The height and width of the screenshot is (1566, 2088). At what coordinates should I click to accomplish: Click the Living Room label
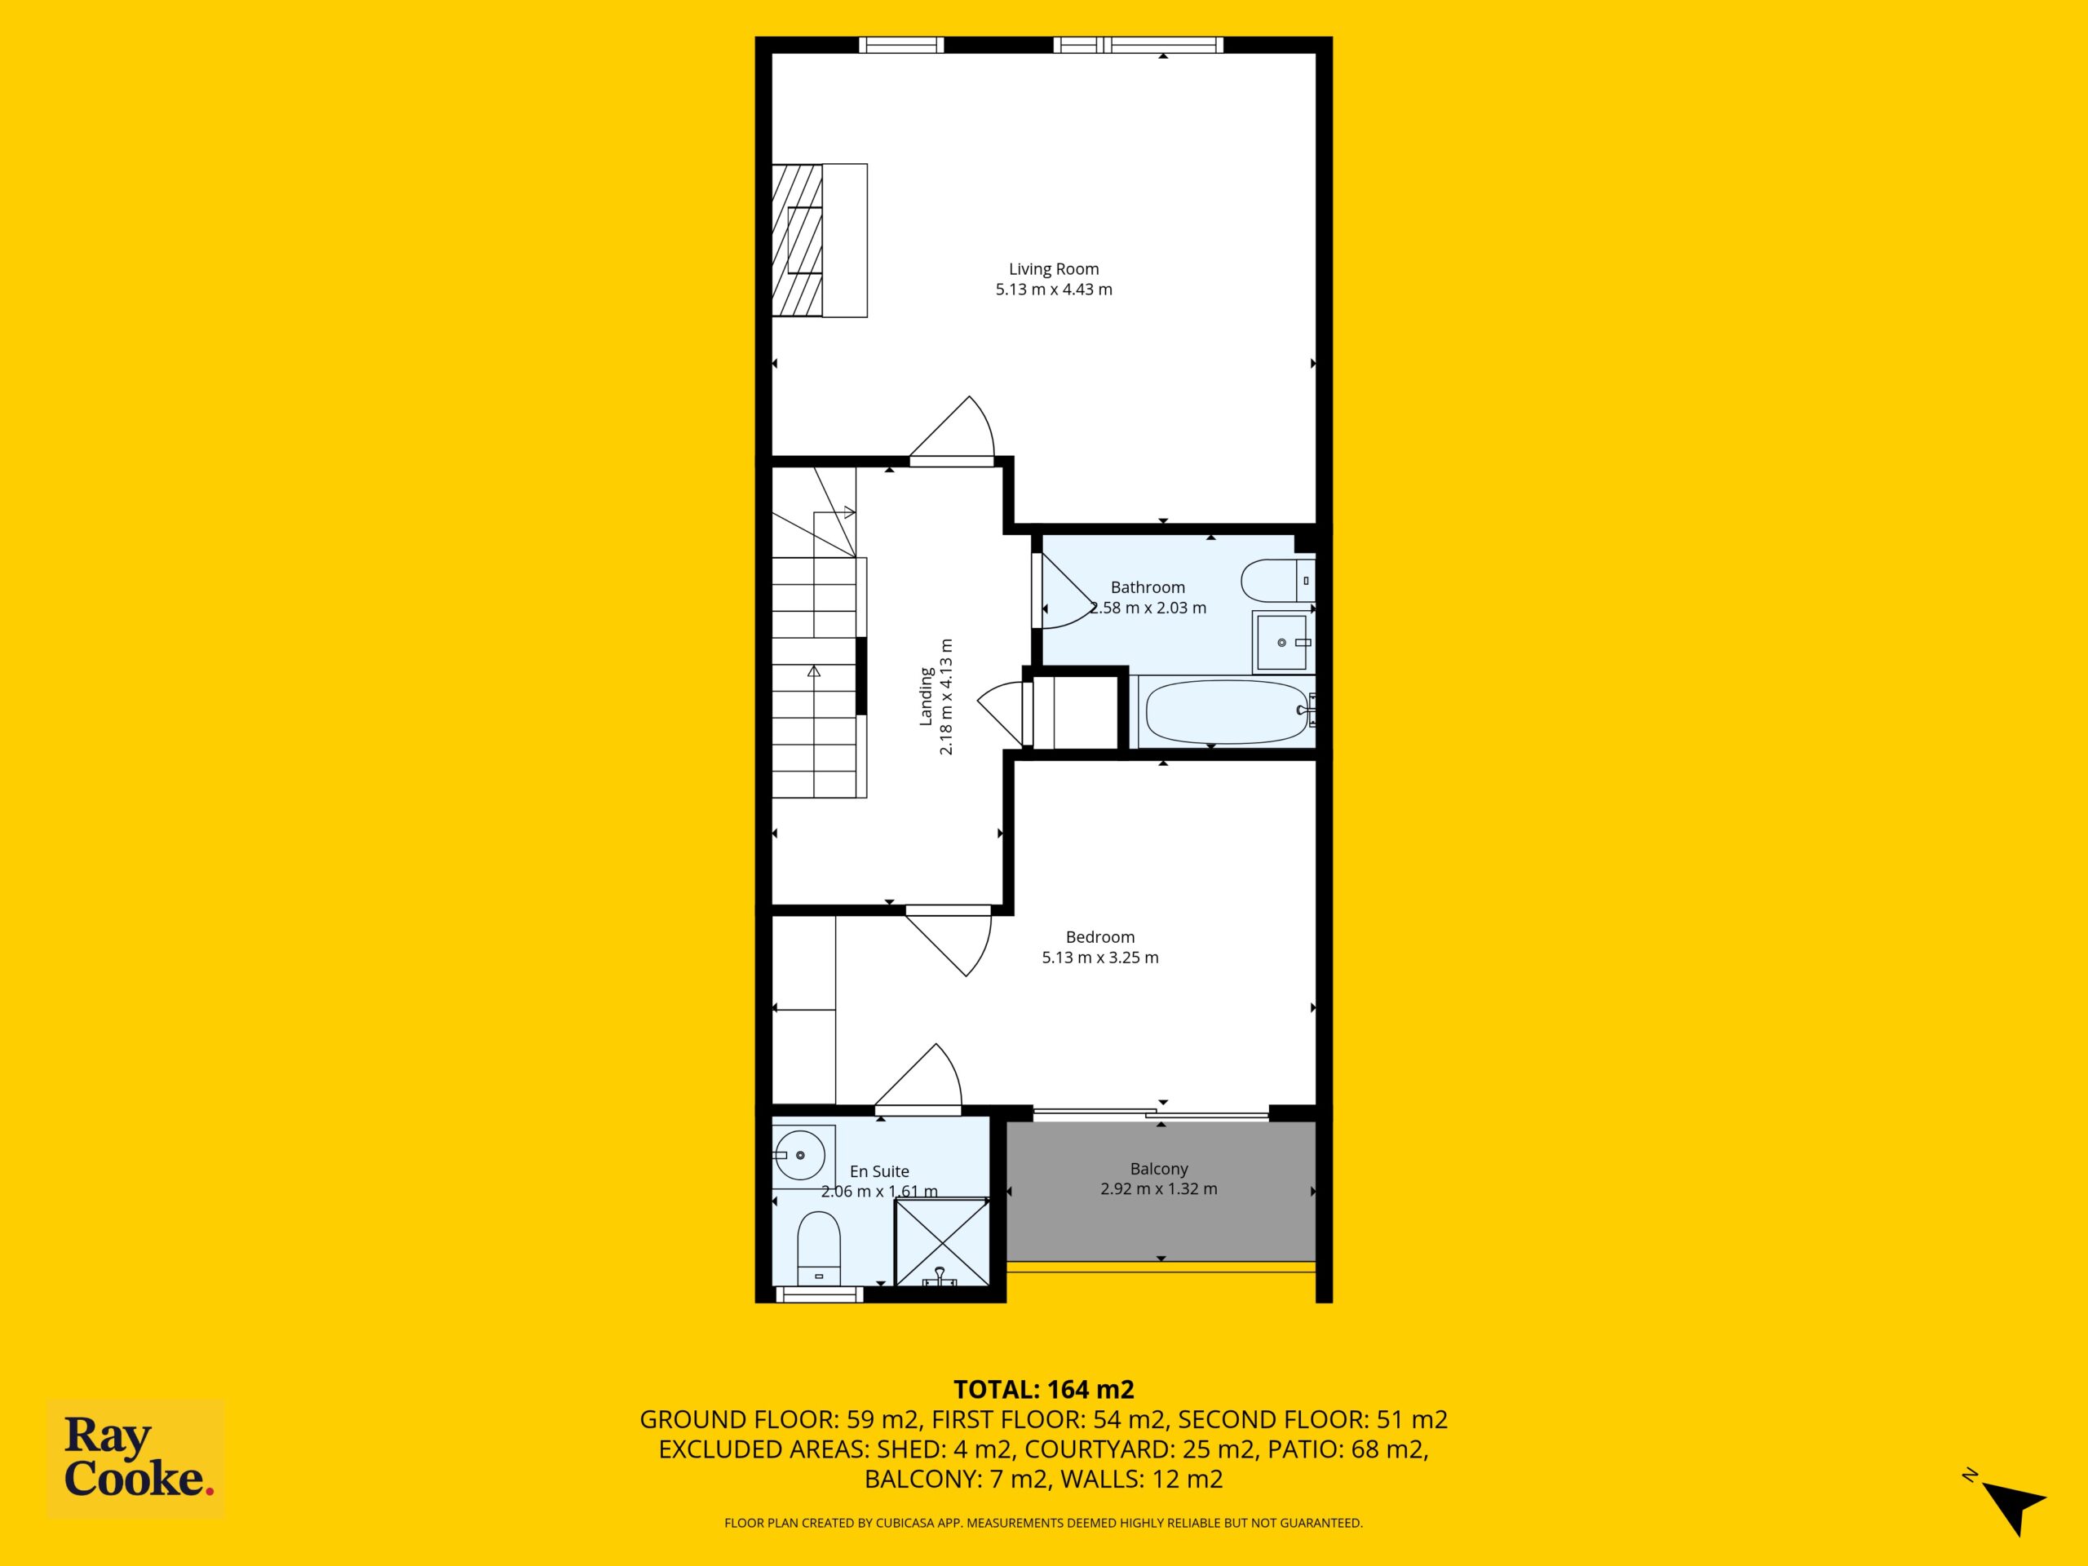pyautogui.click(x=1054, y=269)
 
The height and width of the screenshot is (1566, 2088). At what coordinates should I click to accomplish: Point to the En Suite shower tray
pyautogui.click(x=942, y=1242)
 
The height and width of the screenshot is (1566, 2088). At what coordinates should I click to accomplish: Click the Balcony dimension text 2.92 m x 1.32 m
pyautogui.click(x=1158, y=1189)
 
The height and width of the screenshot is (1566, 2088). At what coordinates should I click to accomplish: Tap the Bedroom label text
pyautogui.click(x=1099, y=937)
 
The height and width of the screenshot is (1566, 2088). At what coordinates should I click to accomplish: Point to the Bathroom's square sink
pyautogui.click(x=1283, y=642)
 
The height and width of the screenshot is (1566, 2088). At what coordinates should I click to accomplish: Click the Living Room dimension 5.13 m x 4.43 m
pyautogui.click(x=1054, y=290)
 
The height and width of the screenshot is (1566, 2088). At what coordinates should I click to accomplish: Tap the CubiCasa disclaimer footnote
pyautogui.click(x=1044, y=1523)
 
